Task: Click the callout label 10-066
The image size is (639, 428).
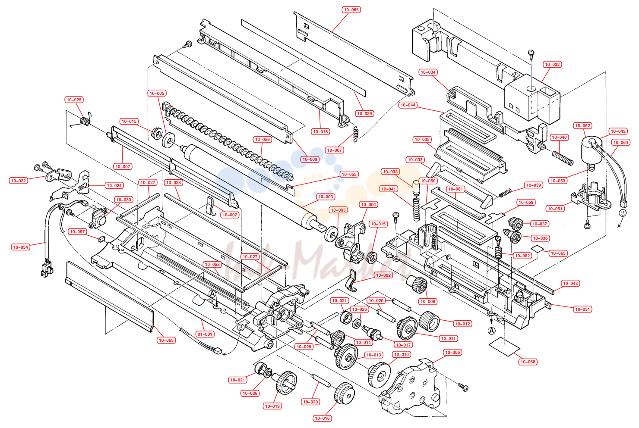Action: pyautogui.click(x=351, y=9)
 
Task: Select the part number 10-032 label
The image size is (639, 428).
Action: pyautogui.click(x=552, y=64)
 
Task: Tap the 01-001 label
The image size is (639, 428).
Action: pyautogui.click(x=205, y=334)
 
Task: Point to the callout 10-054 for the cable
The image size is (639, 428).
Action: pyautogui.click(x=21, y=247)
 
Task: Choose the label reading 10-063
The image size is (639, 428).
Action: pyautogui.click(x=166, y=340)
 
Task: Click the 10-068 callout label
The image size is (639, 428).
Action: pyautogui.click(x=528, y=362)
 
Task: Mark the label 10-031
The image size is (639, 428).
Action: pyautogui.click(x=582, y=309)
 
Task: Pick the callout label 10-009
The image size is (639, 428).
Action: pyautogui.click(x=310, y=159)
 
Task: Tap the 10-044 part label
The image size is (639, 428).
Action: pyautogui.click(x=408, y=105)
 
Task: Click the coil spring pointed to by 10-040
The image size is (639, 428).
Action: pyautogui.click(x=563, y=158)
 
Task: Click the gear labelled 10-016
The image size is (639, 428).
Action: pyautogui.click(x=345, y=393)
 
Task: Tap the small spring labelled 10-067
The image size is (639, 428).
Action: pyautogui.click(x=356, y=134)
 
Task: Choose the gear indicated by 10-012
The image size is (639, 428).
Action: pyautogui.click(x=430, y=321)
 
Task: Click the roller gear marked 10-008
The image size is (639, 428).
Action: pyautogui.click(x=418, y=284)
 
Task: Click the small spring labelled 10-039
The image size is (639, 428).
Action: pyautogui.click(x=505, y=193)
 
